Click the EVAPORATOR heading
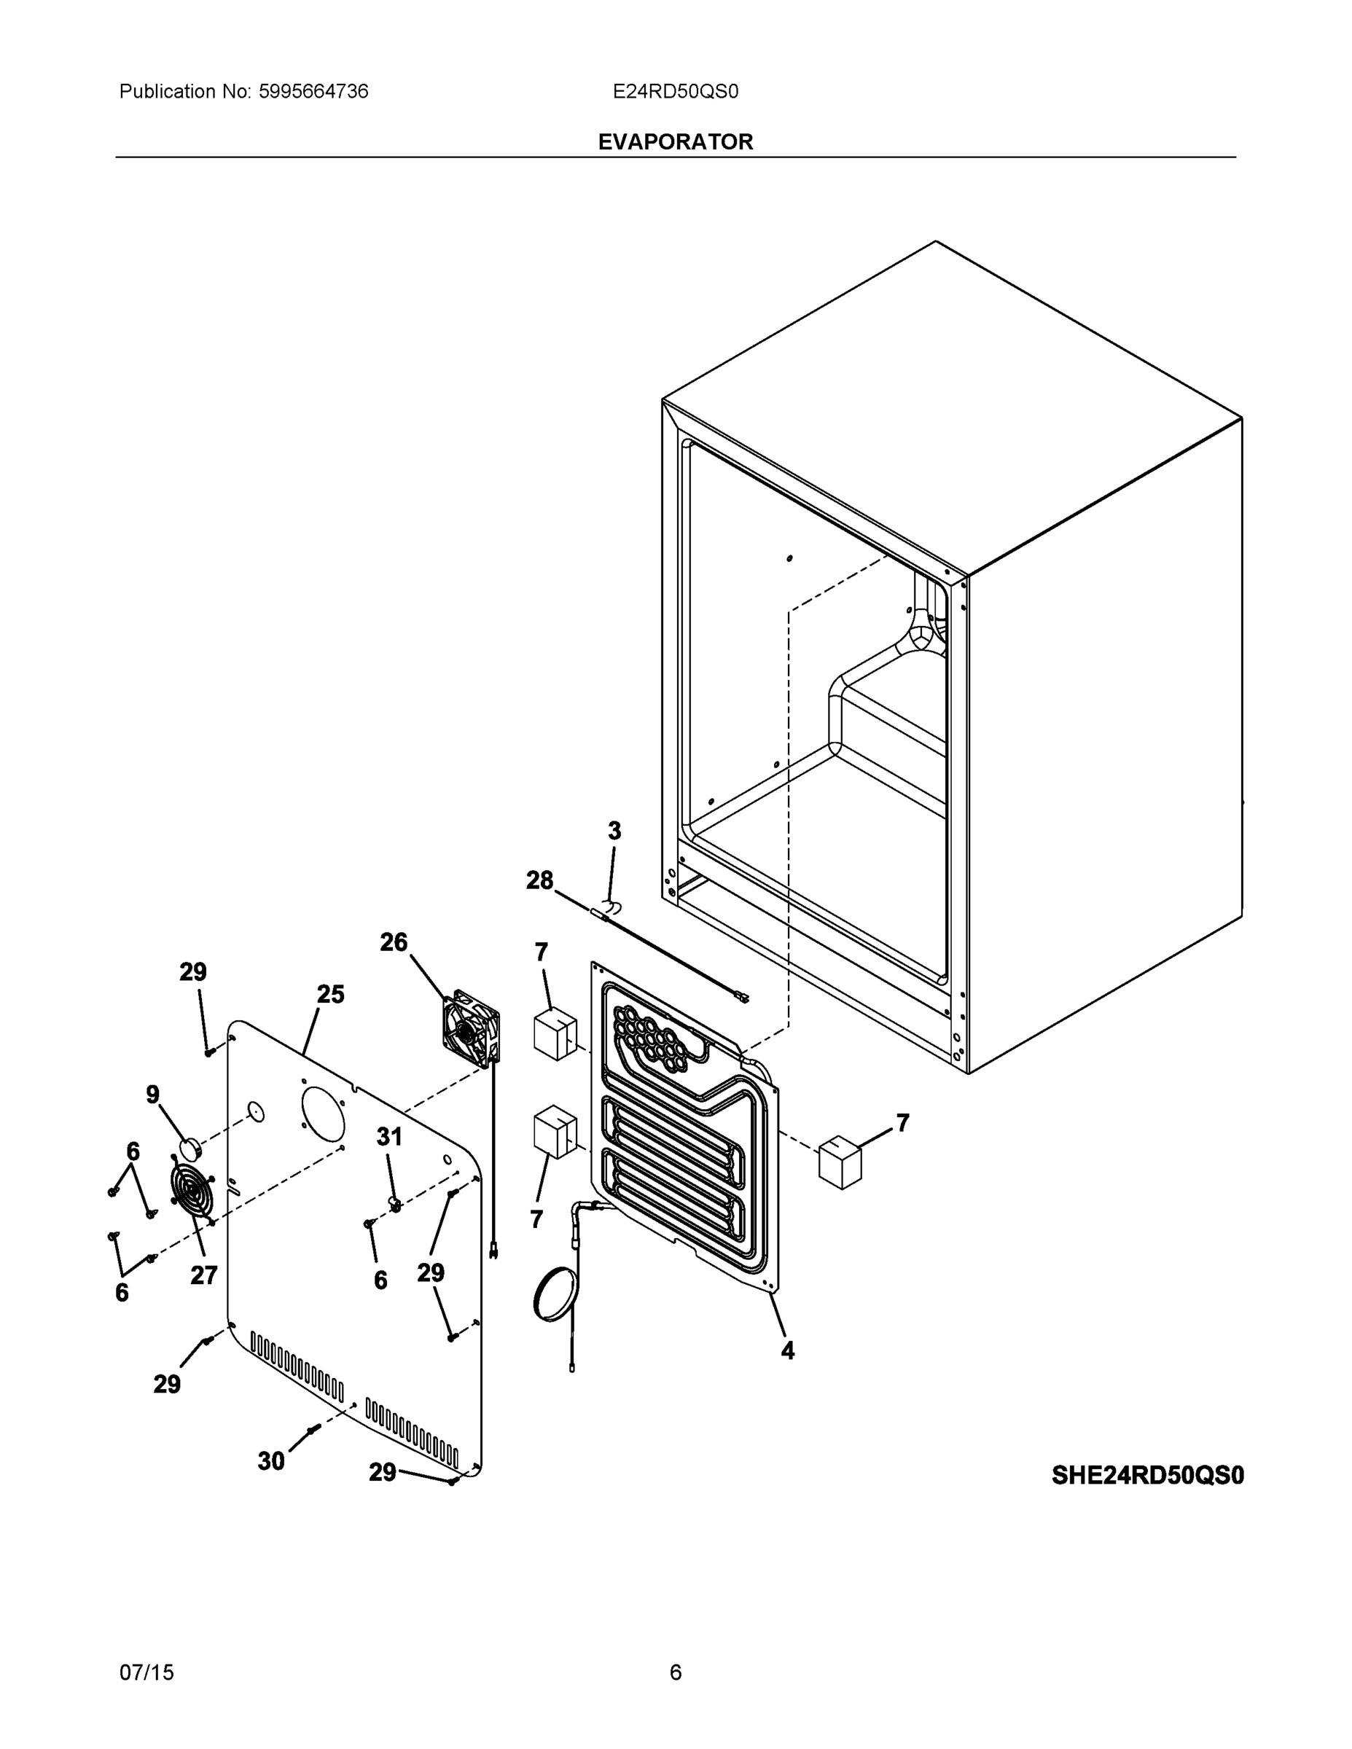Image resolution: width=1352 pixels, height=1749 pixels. coord(675,142)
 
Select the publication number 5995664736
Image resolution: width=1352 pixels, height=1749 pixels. coord(313,92)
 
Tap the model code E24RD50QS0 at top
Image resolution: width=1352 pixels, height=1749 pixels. coord(675,92)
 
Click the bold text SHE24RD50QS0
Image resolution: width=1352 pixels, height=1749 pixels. coord(1147,1475)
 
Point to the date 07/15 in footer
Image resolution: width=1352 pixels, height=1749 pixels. coord(146,1672)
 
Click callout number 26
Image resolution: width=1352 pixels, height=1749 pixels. coord(394,942)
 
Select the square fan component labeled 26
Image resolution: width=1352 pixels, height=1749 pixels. coord(471,1029)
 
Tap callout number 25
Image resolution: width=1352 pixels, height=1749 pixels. coord(330,995)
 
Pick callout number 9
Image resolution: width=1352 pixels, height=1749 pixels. coord(152,1095)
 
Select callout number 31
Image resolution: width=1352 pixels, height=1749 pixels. coord(389,1136)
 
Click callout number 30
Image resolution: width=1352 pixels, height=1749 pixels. coord(270,1461)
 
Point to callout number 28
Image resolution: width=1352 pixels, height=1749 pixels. coord(539,881)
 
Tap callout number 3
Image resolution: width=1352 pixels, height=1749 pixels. coord(614,832)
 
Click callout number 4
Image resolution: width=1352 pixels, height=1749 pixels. coord(787,1351)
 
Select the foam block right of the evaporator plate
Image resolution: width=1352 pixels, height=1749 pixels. coord(840,1160)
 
